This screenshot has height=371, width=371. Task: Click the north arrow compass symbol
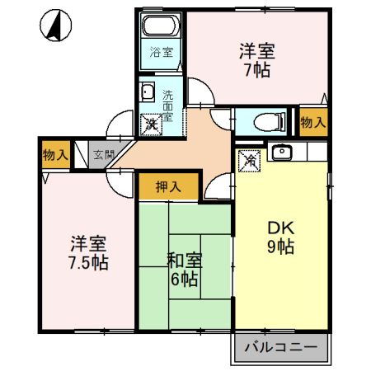coord(56,26)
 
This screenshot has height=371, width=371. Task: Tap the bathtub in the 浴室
coord(160,26)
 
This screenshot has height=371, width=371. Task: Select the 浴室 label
coord(162,52)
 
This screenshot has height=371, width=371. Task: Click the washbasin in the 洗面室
coord(147,92)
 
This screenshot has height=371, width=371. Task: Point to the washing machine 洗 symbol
coord(151,124)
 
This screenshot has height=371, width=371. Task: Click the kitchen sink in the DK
coord(282,152)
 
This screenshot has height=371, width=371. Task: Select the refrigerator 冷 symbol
coord(249,161)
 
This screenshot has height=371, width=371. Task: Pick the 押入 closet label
coord(168,187)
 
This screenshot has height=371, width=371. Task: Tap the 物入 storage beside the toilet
coord(313,122)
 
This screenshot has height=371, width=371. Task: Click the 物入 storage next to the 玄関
coord(55,155)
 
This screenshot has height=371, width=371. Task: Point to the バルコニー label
coord(281,347)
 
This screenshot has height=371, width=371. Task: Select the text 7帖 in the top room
coord(257,70)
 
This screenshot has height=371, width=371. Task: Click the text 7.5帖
coord(88,263)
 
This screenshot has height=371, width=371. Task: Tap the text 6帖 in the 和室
coord(184,279)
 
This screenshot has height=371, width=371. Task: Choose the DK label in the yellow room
coord(281,228)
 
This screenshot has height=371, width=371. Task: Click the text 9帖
coord(281,247)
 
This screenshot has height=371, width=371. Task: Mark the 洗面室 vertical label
coord(168,106)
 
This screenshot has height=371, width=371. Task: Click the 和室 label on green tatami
coord(185,261)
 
